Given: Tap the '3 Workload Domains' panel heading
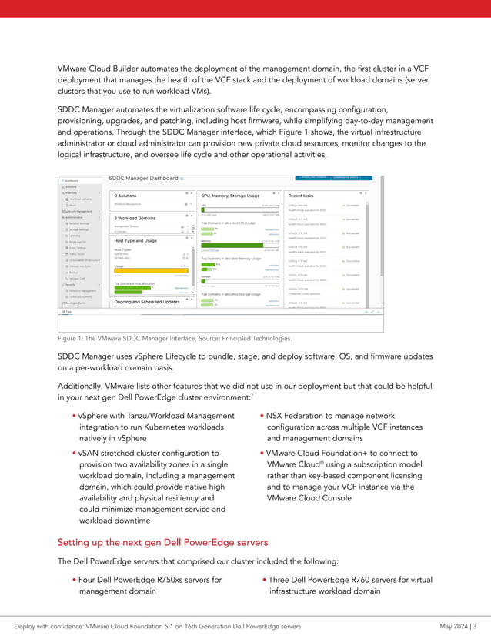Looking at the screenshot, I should coord(137,219).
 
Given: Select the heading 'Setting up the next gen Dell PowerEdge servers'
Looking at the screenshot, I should coord(163,541).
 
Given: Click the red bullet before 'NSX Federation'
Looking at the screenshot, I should coord(262,417).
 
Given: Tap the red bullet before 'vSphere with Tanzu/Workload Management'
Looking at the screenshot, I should coord(73,417).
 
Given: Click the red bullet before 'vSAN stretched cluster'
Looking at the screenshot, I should coord(73,454).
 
